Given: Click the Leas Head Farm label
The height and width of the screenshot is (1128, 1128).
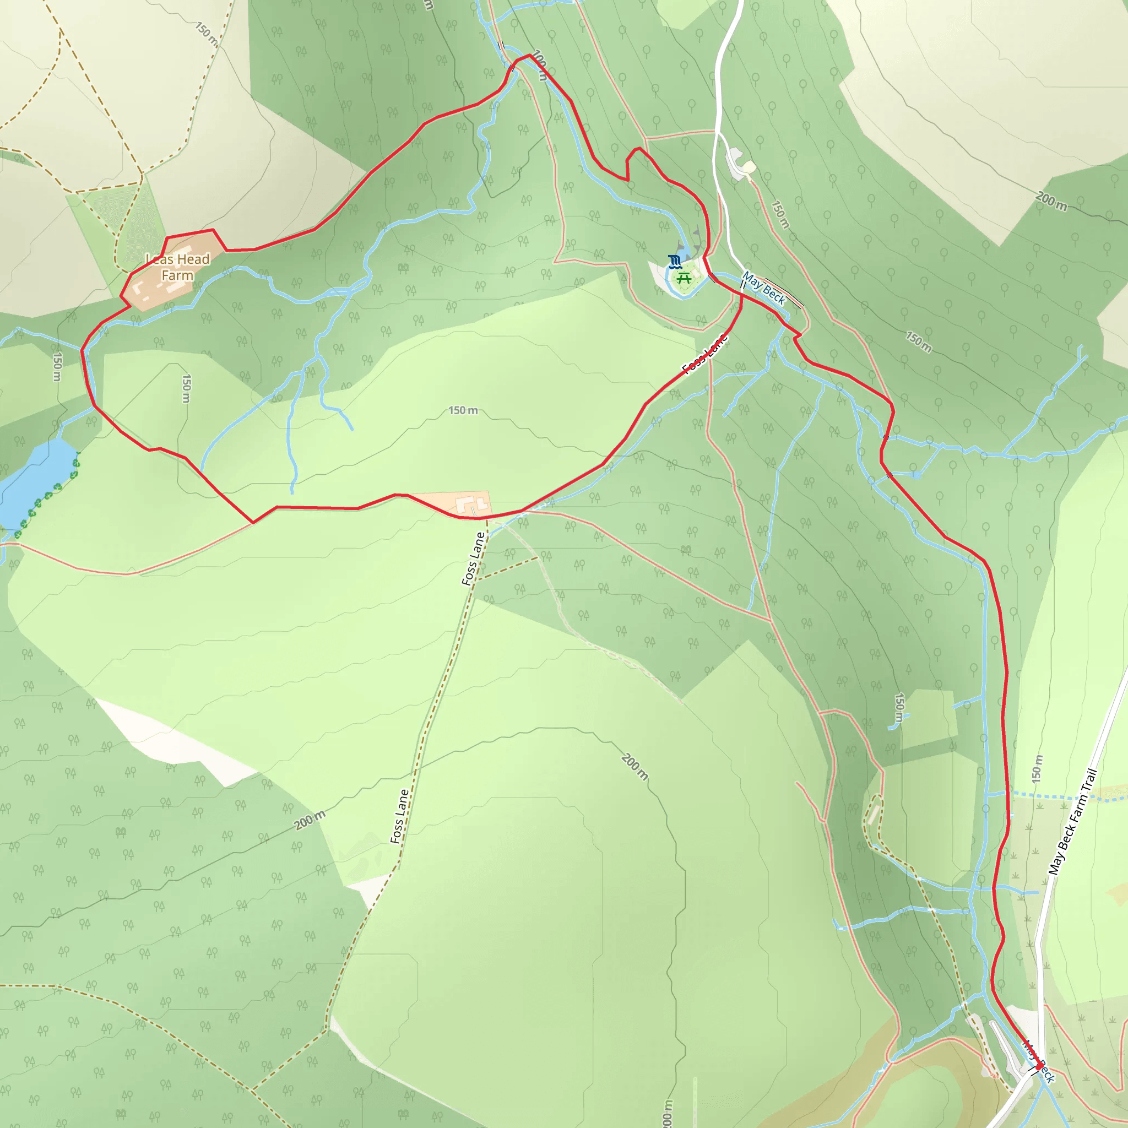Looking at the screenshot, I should pyautogui.click(x=177, y=267).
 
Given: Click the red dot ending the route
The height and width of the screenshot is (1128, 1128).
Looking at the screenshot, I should pyautogui.click(x=1039, y=1067).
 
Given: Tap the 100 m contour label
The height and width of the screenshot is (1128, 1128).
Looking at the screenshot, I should pyautogui.click(x=541, y=66).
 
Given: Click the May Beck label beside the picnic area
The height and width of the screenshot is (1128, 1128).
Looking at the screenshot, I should pyautogui.click(x=764, y=289).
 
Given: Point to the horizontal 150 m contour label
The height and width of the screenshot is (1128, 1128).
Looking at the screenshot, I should pyautogui.click(x=463, y=410).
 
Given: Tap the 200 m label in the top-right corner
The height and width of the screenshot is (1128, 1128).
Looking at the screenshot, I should pyautogui.click(x=1051, y=201).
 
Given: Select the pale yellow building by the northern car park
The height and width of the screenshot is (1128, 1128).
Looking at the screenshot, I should pyautogui.click(x=749, y=168).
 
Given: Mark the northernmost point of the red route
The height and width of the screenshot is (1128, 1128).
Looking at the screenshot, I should pyautogui.click(x=529, y=55).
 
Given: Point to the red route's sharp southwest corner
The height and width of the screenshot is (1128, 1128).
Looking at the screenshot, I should pyautogui.click(x=253, y=523).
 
